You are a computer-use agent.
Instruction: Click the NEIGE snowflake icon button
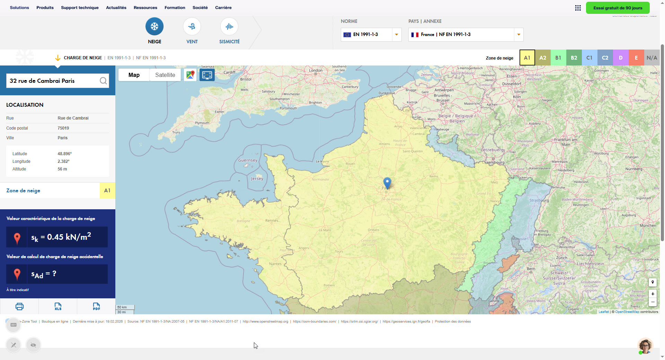click(x=154, y=26)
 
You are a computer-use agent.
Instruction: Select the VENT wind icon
click(x=192, y=26)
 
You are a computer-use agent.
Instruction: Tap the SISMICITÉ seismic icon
click(x=229, y=26)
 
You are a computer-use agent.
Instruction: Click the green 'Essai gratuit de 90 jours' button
click(x=618, y=8)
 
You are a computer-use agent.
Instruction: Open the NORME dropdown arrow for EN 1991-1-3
click(x=397, y=35)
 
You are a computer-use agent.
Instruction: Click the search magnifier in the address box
click(x=103, y=81)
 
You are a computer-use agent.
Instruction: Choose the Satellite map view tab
click(x=165, y=75)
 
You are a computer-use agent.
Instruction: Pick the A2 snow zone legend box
click(x=543, y=58)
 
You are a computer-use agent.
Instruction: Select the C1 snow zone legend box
click(x=589, y=58)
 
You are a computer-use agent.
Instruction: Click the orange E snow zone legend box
click(x=636, y=58)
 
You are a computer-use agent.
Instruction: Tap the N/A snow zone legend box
click(x=652, y=58)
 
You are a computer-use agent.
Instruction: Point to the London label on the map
click(x=316, y=70)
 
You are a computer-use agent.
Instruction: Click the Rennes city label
click(x=272, y=220)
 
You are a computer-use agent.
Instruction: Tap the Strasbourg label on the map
click(x=539, y=200)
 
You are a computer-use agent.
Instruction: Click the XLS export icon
click(x=58, y=306)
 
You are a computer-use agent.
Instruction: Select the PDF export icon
click(x=96, y=306)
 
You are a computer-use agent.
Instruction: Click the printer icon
click(x=19, y=306)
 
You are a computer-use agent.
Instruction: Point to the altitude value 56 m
click(x=62, y=169)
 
